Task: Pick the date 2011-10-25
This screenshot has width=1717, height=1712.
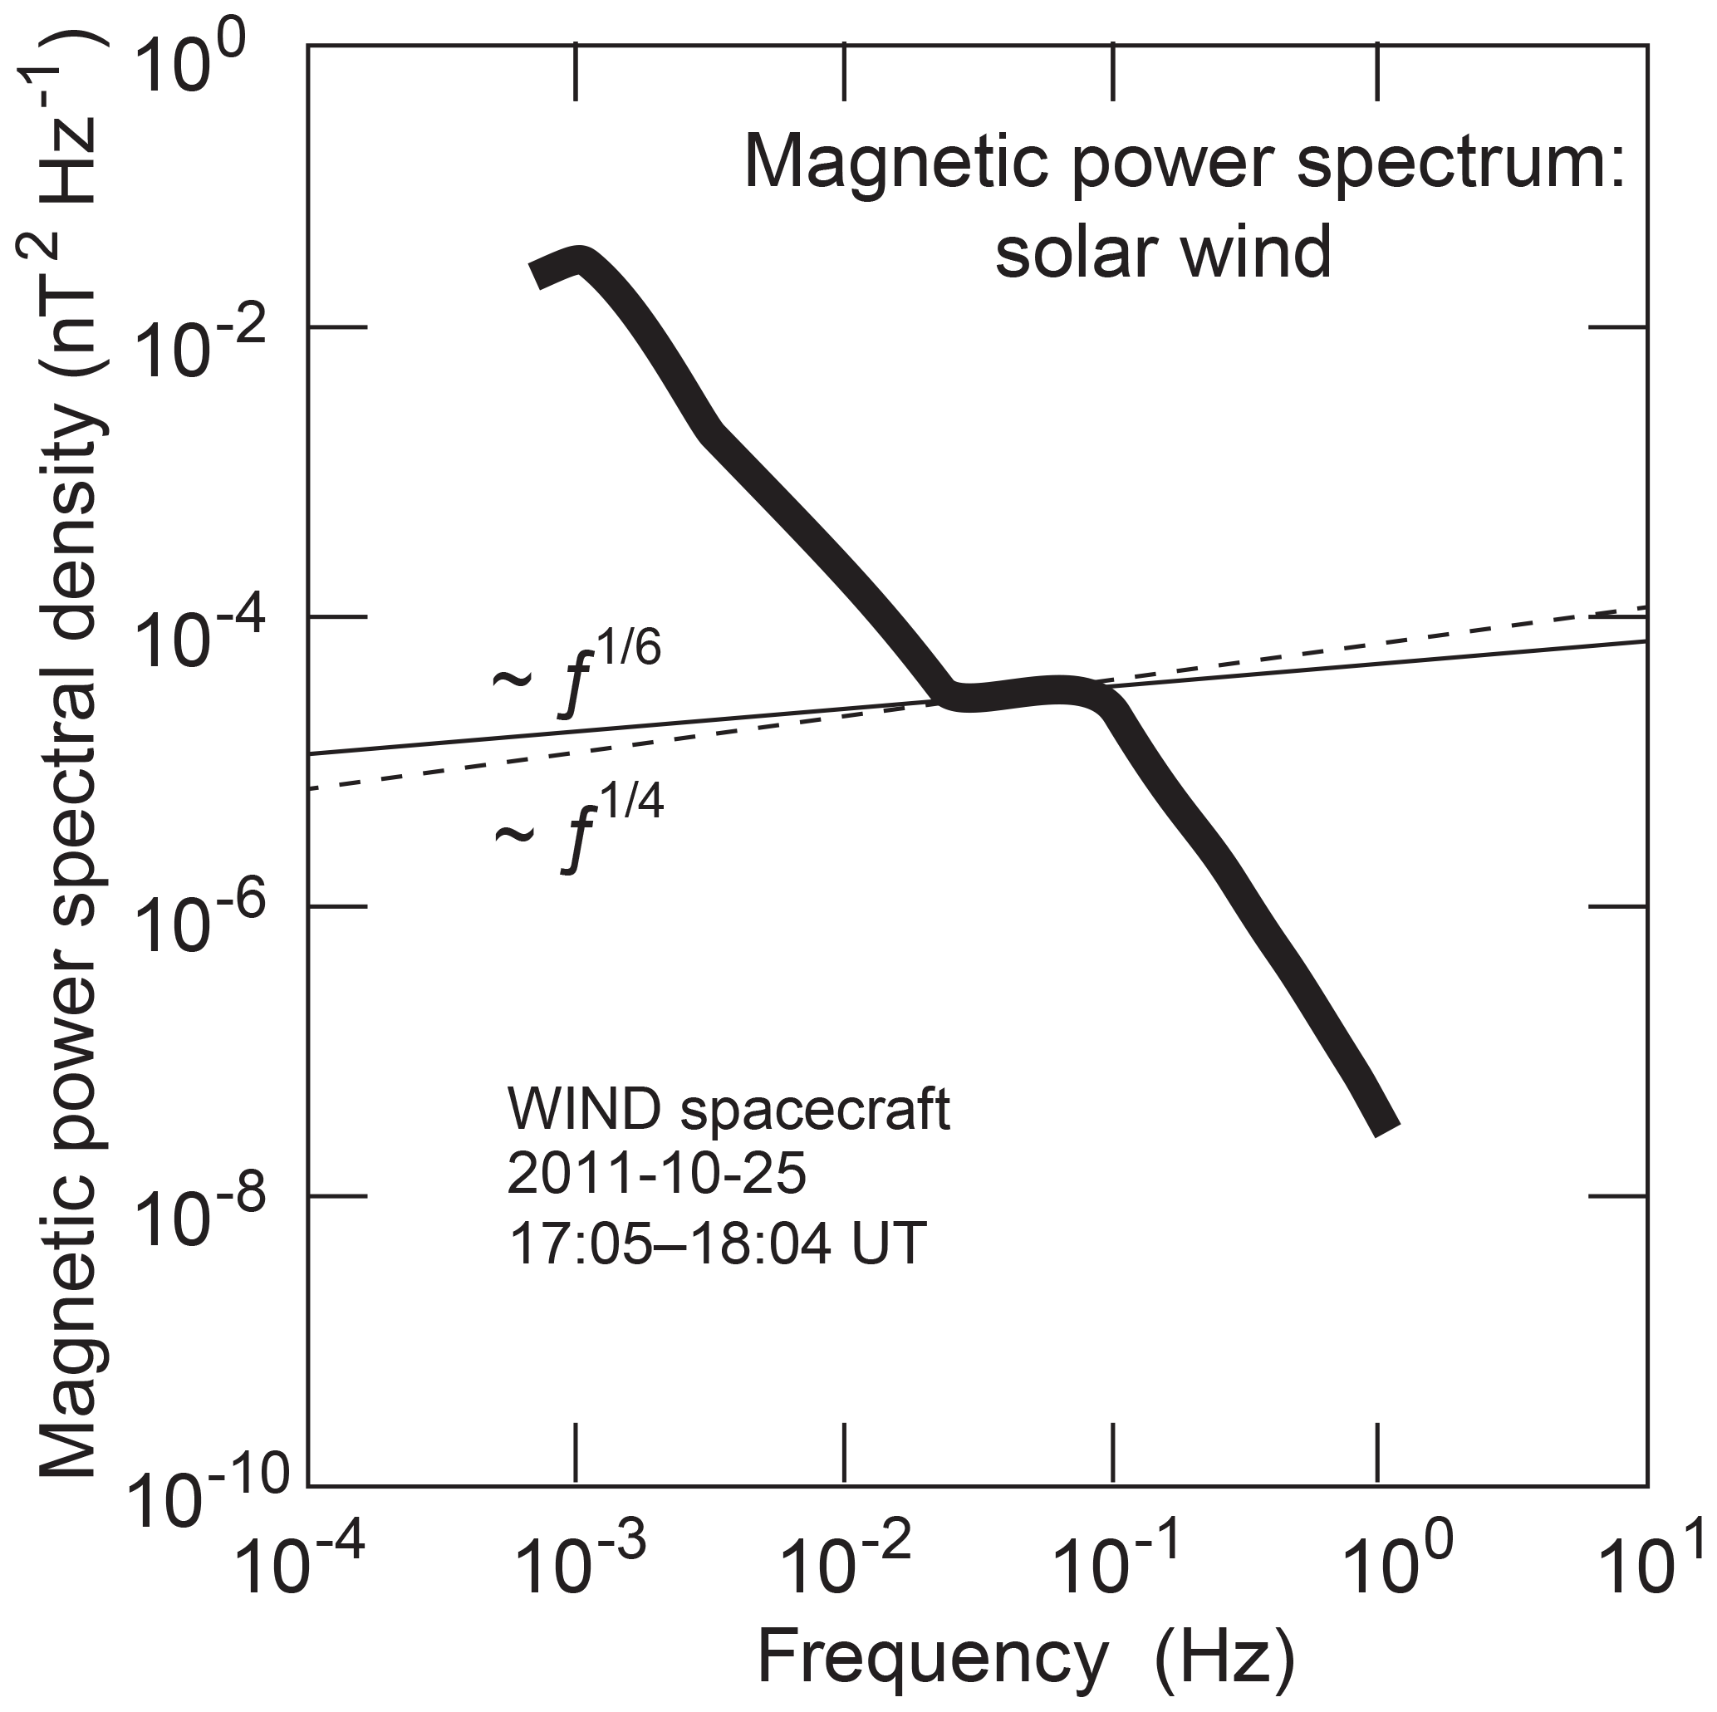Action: (x=657, y=1175)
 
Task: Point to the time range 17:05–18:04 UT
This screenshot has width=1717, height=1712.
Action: (x=716, y=1242)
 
